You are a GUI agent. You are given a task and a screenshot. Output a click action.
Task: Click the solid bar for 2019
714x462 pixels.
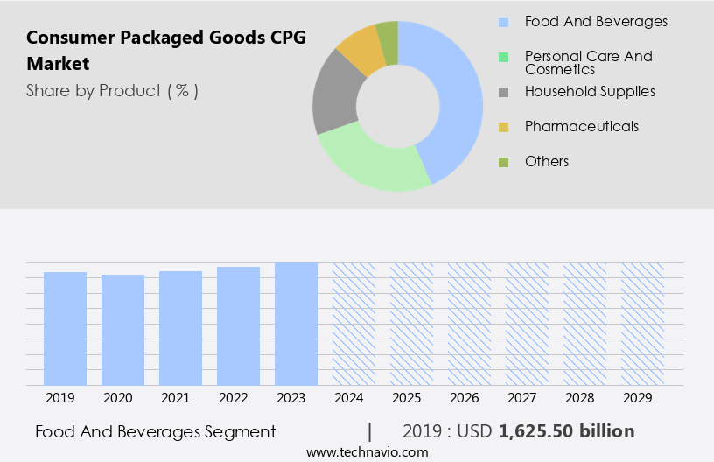click(x=65, y=328)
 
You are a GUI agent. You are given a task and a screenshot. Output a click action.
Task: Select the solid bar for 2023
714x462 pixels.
click(x=296, y=324)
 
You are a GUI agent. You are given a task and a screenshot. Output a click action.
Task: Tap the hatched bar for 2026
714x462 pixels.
click(x=469, y=324)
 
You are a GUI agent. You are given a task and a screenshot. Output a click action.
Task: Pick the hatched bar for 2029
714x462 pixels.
click(x=642, y=324)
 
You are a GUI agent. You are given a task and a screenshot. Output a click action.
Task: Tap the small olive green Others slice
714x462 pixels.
click(x=388, y=40)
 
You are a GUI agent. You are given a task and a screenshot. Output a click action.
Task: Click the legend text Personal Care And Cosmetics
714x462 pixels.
click(x=588, y=62)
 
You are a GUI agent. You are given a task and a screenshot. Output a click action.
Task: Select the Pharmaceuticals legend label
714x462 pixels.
click(x=581, y=126)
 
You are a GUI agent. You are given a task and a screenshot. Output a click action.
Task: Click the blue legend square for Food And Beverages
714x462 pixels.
click(x=503, y=22)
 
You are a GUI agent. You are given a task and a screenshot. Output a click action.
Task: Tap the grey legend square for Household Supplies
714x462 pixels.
click(x=503, y=92)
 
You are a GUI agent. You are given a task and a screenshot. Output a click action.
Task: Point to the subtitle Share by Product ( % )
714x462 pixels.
click(x=112, y=90)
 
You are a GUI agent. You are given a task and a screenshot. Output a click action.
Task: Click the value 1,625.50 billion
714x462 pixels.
click(x=566, y=431)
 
